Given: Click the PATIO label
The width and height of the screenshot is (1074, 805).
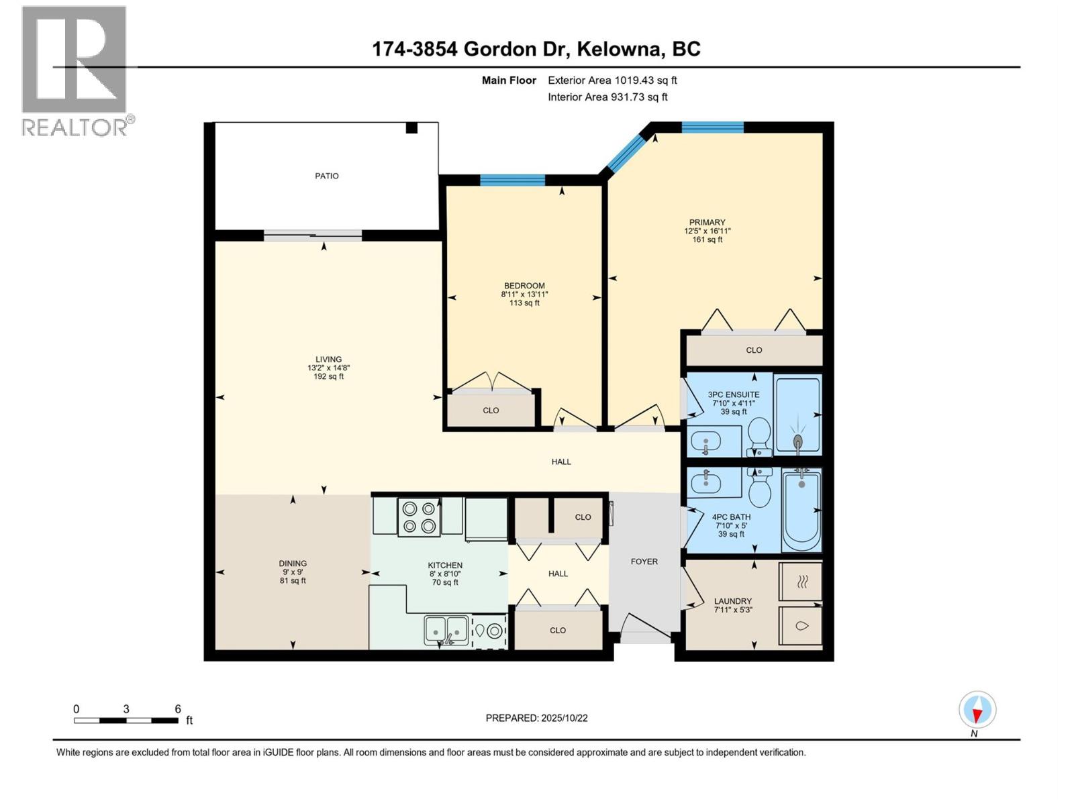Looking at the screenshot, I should (x=327, y=176).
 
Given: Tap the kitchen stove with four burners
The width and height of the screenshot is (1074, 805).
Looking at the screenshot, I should (x=418, y=517).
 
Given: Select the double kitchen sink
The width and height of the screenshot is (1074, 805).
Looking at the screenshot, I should (x=446, y=630).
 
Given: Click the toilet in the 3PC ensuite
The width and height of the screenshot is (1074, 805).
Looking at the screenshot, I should (x=760, y=435).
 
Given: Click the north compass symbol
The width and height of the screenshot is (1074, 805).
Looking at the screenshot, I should (x=977, y=710).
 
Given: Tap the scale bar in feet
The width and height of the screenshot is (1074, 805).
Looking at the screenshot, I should (x=126, y=720).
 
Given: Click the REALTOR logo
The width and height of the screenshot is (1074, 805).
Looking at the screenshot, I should (x=75, y=70).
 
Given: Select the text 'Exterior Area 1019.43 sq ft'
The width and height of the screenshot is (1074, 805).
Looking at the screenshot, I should (x=612, y=80).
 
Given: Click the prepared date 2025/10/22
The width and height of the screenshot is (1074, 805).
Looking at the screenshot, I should (x=536, y=718).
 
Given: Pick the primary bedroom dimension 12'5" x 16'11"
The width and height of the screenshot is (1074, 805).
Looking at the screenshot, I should (x=707, y=231).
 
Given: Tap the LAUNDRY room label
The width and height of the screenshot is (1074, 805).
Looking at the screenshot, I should (x=732, y=601).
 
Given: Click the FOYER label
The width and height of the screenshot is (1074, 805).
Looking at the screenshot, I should (x=644, y=561).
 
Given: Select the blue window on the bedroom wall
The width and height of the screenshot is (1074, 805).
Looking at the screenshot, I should (x=512, y=180).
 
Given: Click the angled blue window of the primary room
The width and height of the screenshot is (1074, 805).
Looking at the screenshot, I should (x=625, y=152).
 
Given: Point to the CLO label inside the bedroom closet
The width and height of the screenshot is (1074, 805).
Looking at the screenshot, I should (x=491, y=410).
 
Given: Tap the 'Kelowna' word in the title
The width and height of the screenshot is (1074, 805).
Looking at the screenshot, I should (x=617, y=49).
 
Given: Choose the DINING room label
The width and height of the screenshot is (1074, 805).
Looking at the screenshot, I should (x=293, y=563).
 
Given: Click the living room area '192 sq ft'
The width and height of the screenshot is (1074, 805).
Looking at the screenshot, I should (x=329, y=376).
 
